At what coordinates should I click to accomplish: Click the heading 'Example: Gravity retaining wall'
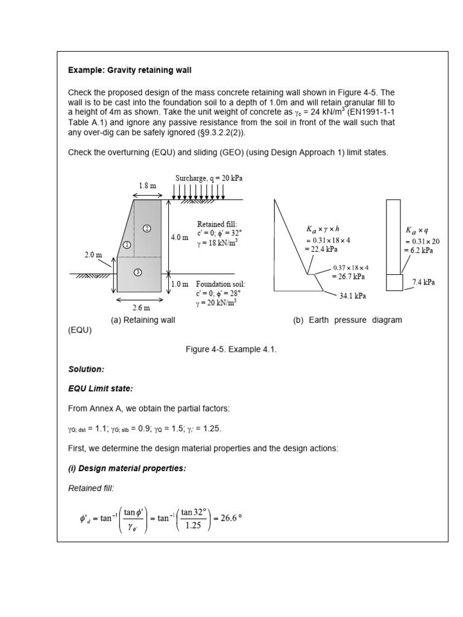coord(130,70)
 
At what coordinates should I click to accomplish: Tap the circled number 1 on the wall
coord(127,245)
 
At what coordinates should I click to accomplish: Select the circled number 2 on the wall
coord(146,228)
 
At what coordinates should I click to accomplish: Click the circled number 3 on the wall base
coord(137,272)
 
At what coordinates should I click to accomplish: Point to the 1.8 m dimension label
coord(147,186)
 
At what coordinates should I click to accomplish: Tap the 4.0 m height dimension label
coord(180,237)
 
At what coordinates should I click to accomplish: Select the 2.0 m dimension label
coord(93,255)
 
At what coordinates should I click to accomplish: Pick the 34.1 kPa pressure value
coord(352,296)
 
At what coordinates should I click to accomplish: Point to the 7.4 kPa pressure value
coord(423,281)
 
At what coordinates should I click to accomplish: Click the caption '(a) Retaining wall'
coord(143,320)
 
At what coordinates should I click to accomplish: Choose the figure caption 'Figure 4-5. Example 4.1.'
coord(231,350)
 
